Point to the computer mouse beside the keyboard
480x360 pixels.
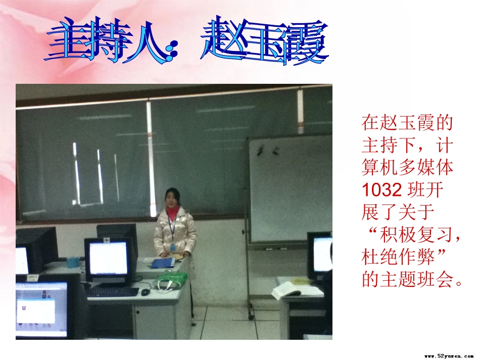[146, 292]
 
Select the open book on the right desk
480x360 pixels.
[296, 289]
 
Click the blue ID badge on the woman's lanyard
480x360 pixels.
[173, 247]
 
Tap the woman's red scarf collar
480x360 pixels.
[173, 212]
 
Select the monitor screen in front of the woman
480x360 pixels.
[108, 258]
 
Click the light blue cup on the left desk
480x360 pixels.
[74, 262]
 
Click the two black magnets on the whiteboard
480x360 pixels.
[268, 149]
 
